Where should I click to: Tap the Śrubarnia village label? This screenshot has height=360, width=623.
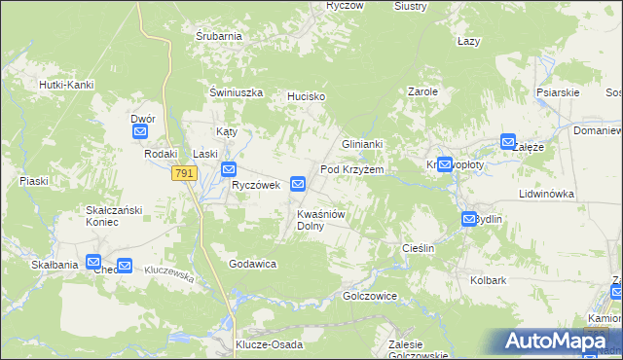[218, 36]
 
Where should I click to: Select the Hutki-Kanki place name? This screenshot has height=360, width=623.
[66, 85]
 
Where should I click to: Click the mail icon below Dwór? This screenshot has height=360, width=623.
[140, 131]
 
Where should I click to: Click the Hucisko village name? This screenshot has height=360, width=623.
[305, 97]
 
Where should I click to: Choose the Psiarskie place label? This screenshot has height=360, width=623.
[558, 93]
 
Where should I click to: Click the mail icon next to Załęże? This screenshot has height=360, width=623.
[508, 141]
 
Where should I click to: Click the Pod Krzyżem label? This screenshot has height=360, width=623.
[352, 169]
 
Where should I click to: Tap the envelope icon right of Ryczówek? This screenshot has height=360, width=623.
[299, 183]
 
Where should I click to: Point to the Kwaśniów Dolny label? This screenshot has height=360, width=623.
[321, 219]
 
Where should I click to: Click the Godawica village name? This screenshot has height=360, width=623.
[254, 265]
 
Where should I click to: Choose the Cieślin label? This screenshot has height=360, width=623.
[418, 249]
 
